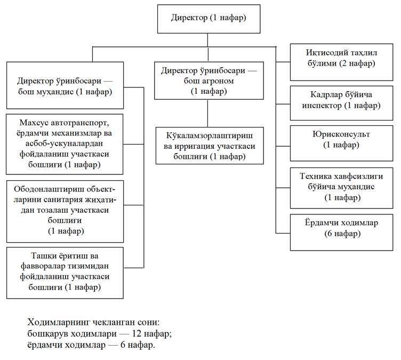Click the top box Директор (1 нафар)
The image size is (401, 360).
tap(208, 19)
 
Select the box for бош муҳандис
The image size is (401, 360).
tap(65, 85)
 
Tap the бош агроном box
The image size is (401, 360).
tap(209, 81)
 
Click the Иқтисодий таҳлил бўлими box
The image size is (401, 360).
tap(341, 62)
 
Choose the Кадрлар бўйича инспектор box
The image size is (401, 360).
tap(341, 103)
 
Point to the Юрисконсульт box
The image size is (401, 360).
tap(341, 143)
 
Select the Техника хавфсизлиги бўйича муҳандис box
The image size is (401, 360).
tap(341, 188)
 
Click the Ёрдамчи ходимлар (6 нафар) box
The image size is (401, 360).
tap(341, 233)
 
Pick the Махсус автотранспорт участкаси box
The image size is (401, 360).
tap(65, 145)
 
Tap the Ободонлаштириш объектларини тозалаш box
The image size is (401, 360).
tap(65, 212)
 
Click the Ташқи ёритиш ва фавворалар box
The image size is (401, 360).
tap(65, 273)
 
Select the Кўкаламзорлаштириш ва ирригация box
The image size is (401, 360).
tap(210, 146)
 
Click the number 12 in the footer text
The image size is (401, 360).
tap(137, 334)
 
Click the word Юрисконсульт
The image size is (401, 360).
tap(341, 134)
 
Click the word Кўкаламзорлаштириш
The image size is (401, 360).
tap(210, 135)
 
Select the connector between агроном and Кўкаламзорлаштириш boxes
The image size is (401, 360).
tap(207, 114)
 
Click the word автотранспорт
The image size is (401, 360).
tap(80, 123)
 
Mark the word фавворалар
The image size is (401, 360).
tap(46, 266)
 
